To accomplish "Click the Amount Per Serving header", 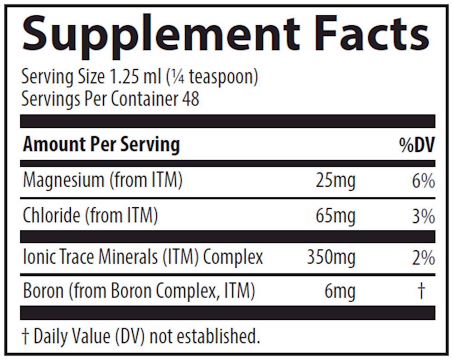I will (x=101, y=145).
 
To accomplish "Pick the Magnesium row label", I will (x=102, y=181).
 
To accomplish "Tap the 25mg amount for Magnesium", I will (x=335, y=181).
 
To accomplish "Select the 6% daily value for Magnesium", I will (x=423, y=181).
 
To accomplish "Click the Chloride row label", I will (x=90, y=216).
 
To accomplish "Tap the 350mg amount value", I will (x=331, y=257).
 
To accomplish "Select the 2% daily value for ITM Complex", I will (x=423, y=257).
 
